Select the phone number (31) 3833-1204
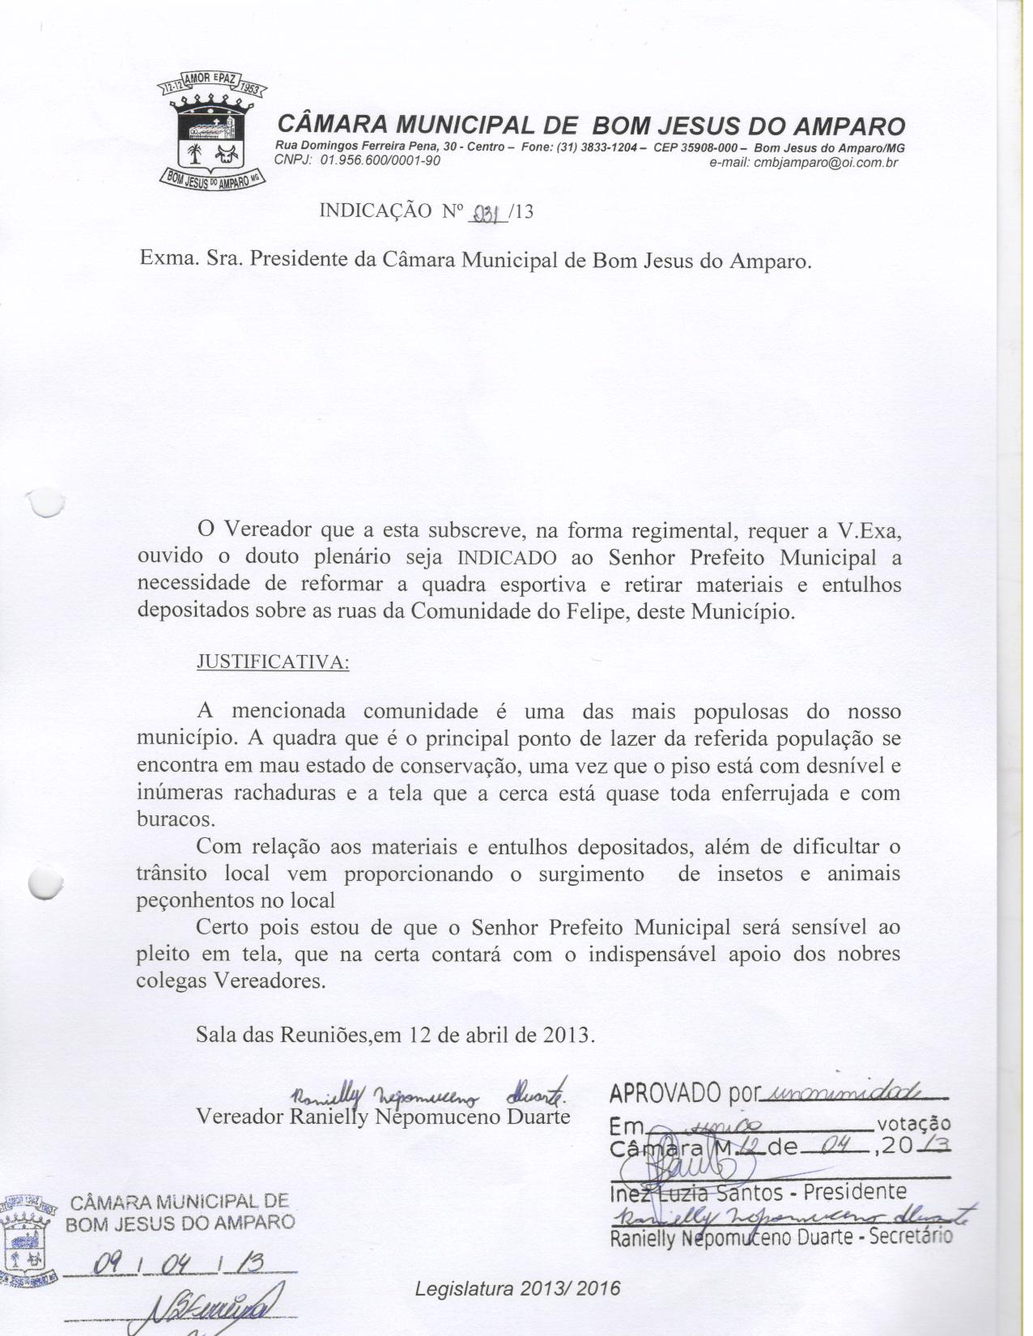click(593, 147)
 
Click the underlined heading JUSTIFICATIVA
click(274, 662)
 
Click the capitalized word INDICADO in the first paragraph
click(507, 558)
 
